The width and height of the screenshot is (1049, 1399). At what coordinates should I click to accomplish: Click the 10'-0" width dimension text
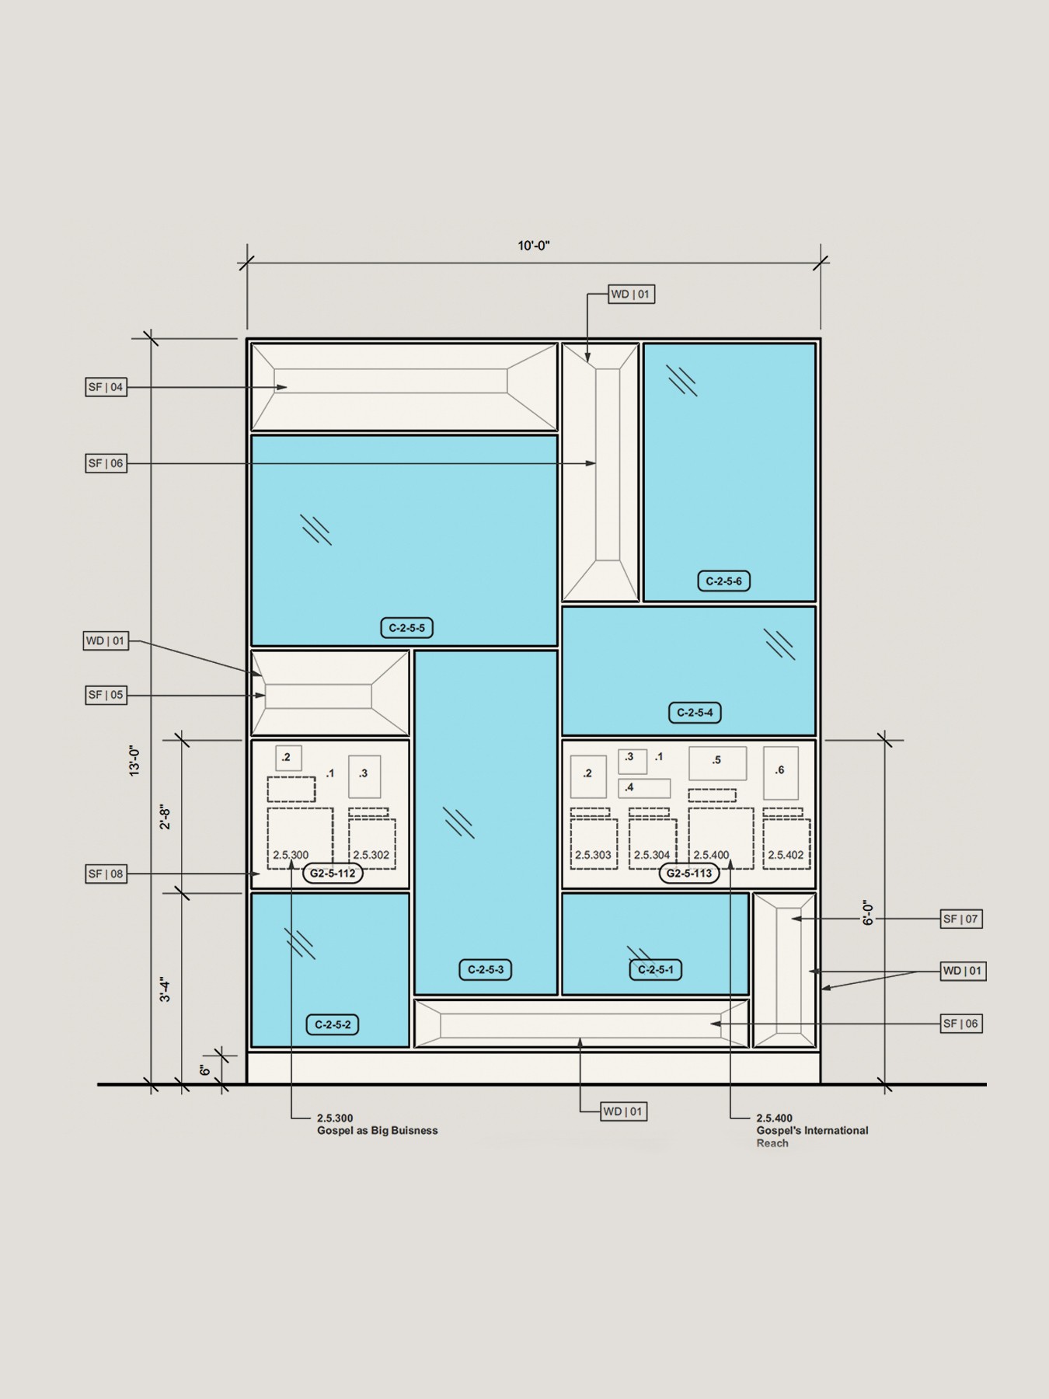[x=534, y=246]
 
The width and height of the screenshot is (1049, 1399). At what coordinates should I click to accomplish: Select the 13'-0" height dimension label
[x=135, y=761]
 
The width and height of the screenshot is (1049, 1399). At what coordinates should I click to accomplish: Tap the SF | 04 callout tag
[x=106, y=387]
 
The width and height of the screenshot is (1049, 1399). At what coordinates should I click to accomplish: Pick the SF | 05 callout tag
[x=106, y=695]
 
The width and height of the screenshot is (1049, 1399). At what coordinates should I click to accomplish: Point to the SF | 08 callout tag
[x=106, y=874]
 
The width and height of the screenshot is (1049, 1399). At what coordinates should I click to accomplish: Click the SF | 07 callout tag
[x=961, y=919]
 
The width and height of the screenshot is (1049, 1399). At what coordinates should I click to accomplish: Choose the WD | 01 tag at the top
[x=630, y=294]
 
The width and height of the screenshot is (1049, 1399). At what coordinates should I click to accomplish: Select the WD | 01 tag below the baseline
[x=624, y=1111]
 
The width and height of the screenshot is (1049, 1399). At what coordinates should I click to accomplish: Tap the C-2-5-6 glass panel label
[x=724, y=581]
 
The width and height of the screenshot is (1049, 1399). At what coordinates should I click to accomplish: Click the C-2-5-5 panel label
[x=406, y=627]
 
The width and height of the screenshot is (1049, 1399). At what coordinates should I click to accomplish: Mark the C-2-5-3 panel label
[x=486, y=969]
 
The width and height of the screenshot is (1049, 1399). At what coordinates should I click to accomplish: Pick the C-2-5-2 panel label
[x=333, y=1024]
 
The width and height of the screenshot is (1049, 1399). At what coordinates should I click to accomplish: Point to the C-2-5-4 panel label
[x=695, y=712]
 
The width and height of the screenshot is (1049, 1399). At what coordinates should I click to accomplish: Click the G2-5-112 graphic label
[x=333, y=873]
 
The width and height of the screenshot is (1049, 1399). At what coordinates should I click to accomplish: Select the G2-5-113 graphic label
[x=689, y=873]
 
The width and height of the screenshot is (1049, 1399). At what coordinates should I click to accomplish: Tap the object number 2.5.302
[x=371, y=855]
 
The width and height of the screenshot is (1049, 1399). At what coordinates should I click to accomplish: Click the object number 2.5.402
[x=786, y=855]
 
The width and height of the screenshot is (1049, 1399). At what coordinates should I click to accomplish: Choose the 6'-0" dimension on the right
[x=869, y=912]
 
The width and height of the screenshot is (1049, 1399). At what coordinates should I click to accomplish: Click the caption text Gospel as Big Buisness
[x=378, y=1130]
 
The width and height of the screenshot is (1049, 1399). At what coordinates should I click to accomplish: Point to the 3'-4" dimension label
[x=165, y=989]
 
